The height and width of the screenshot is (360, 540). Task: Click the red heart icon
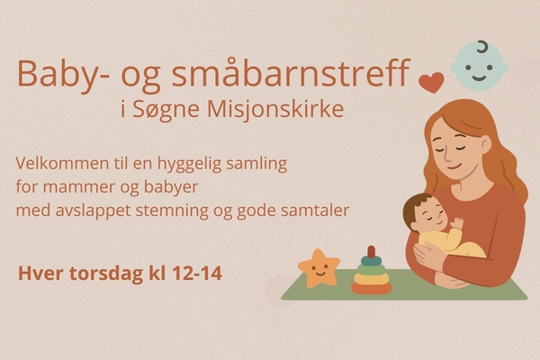coord(431,83)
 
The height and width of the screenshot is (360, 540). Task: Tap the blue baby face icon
coord(479,66)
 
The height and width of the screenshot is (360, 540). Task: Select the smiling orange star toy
coord(319,269)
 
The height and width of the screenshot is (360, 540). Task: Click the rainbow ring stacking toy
coord(371,272)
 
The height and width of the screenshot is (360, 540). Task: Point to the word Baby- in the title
coord(64,74)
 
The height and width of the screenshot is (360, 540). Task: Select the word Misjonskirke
coord(275,109)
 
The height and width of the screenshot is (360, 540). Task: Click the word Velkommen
coord(62,163)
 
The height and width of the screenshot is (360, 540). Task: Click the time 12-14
coord(197,274)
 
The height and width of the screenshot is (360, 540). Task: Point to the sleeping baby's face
coord(428,216)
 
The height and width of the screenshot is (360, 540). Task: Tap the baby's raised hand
coord(457,223)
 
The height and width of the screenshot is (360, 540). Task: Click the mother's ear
coord(485,144)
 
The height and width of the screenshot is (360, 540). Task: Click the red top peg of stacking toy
coord(371,251)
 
